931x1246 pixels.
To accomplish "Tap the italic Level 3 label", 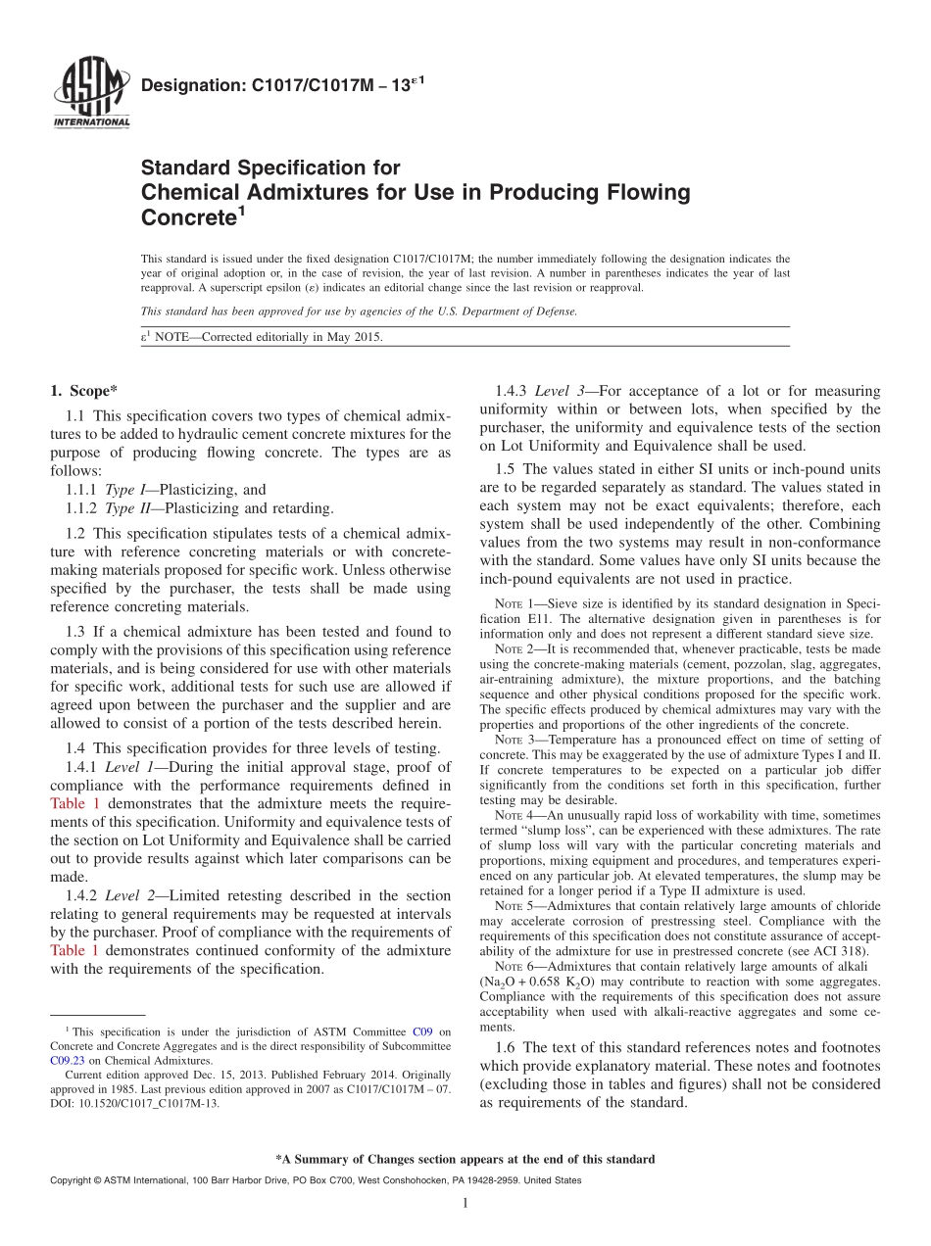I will [x=560, y=391].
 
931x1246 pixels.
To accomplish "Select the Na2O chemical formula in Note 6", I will [x=502, y=982].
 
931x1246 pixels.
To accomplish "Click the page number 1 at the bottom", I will [x=465, y=1204].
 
